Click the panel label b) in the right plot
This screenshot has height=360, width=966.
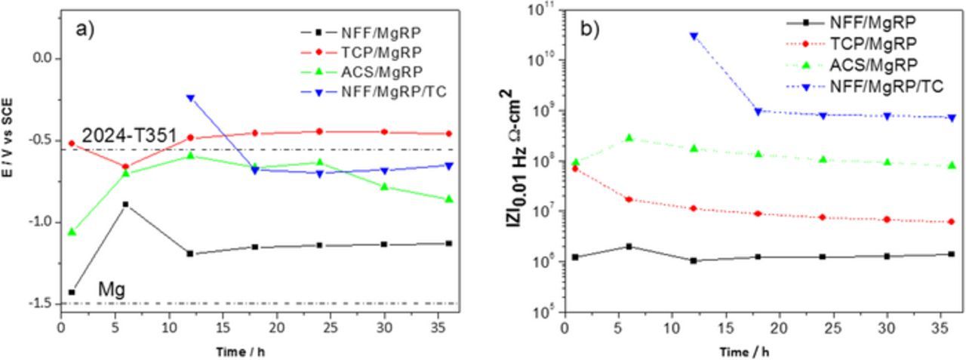coord(589,29)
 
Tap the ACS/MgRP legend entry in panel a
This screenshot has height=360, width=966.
coord(370,71)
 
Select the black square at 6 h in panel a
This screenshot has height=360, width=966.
coord(125,205)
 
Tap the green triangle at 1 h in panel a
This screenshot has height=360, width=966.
coord(72,232)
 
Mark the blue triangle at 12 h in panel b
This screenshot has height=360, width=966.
coord(694,35)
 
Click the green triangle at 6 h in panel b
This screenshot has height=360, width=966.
coord(629,138)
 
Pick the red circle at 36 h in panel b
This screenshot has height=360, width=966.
coord(952,222)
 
